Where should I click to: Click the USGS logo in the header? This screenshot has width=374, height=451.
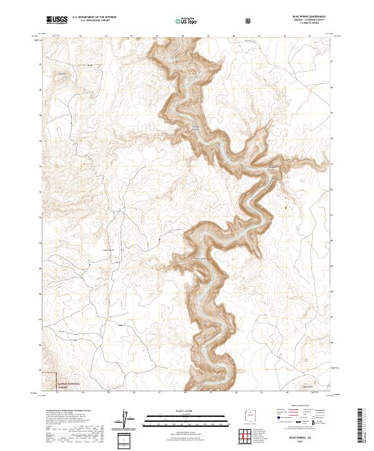(x=57, y=20)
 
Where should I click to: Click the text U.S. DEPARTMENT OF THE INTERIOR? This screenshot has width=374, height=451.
(x=94, y=17)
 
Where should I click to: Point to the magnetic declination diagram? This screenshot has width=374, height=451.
(x=127, y=419)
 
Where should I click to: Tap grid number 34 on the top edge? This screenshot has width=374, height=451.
(x=82, y=36)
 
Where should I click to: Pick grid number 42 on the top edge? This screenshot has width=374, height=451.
(x=285, y=36)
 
